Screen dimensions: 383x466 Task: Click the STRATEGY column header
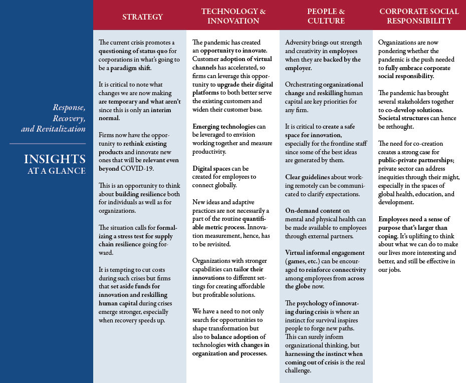(143, 17)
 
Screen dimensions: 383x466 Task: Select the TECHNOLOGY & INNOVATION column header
(233, 16)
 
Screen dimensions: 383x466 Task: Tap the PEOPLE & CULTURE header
(326, 16)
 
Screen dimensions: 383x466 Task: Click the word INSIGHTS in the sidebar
(55, 159)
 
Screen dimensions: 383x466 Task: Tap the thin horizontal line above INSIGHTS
(48, 144)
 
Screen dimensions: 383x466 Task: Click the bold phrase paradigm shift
(127, 68)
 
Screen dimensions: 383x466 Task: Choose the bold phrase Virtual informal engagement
(325, 252)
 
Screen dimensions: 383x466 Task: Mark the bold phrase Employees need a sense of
(414, 219)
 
